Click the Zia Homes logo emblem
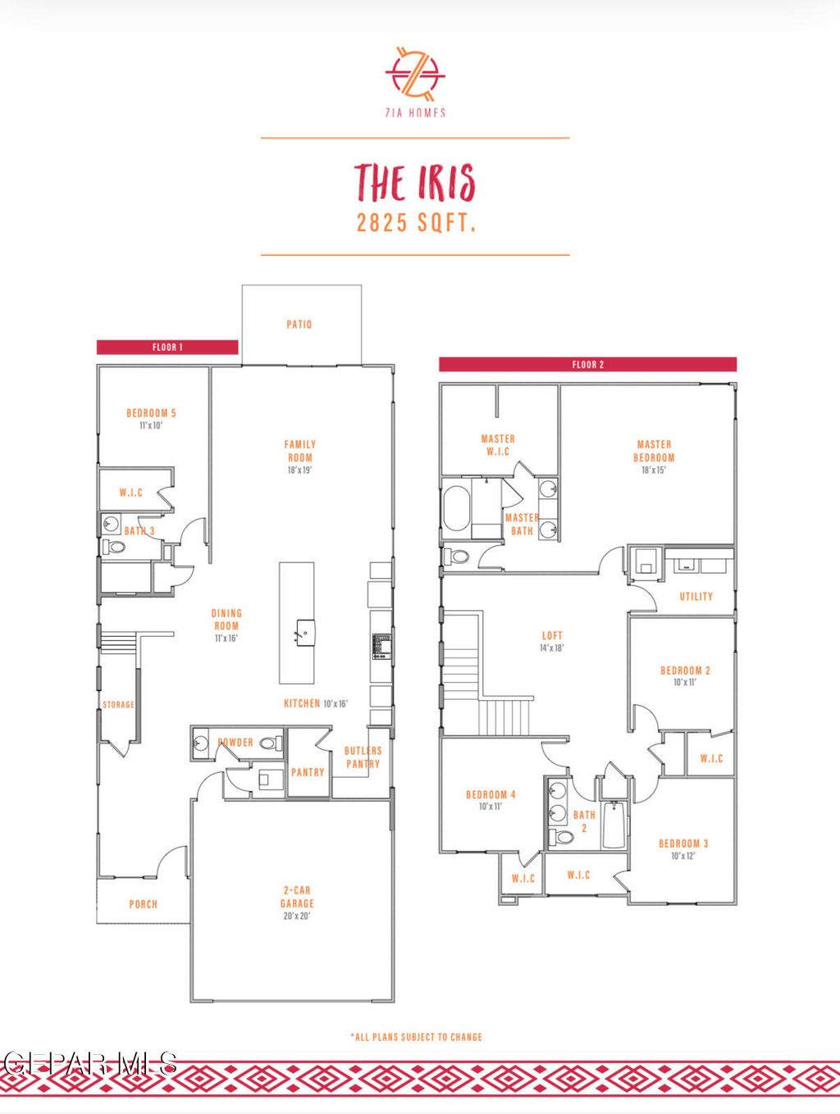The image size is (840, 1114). (415, 74)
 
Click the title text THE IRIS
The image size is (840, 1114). (415, 182)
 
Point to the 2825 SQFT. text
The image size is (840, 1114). (416, 222)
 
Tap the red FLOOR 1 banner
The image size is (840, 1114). (167, 348)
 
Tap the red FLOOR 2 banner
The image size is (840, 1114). (587, 365)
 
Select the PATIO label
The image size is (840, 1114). (299, 325)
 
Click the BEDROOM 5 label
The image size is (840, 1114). (151, 413)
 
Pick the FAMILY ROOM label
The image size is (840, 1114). (300, 451)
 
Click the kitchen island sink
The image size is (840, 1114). (304, 630)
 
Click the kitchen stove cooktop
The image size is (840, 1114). (381, 646)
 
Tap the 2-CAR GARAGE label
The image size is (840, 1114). (297, 897)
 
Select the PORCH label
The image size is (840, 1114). (143, 904)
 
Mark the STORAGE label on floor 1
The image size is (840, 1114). (118, 705)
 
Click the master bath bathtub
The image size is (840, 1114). (457, 512)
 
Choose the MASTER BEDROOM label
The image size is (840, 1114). (654, 451)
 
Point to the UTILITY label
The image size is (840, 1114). (696, 597)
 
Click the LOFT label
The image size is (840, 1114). (552, 635)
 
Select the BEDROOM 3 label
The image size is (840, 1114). (683, 843)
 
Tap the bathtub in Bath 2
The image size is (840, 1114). (614, 824)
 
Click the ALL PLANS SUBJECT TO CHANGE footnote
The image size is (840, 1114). (417, 1037)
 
